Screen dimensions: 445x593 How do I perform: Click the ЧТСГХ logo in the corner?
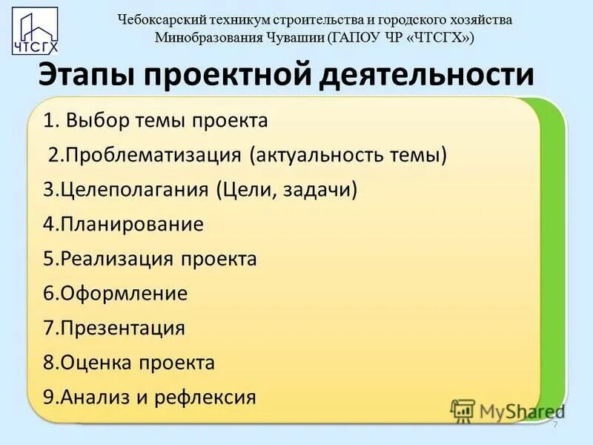pyautogui.click(x=36, y=32)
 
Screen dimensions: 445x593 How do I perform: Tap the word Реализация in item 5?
pyautogui.click(x=118, y=259)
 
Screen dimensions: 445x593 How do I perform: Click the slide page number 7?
pyautogui.click(x=554, y=423)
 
